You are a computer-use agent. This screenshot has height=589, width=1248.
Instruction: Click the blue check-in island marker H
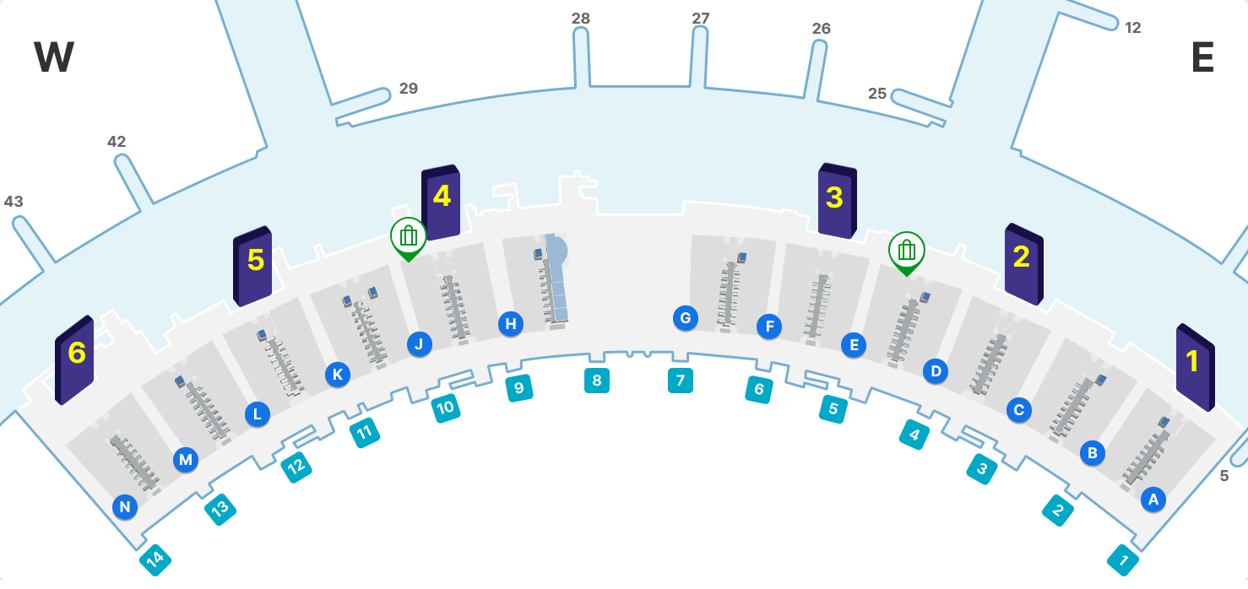click(510, 323)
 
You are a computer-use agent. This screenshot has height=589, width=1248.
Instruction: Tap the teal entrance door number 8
click(597, 381)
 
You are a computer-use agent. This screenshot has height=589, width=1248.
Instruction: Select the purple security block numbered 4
click(441, 203)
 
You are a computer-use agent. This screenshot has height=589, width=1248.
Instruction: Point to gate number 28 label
click(581, 18)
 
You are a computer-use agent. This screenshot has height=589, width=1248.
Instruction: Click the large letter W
click(54, 58)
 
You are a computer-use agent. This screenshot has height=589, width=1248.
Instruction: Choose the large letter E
click(1202, 58)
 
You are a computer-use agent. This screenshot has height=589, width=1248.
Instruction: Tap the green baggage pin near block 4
click(409, 236)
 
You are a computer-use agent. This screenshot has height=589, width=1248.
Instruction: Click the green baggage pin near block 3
click(907, 251)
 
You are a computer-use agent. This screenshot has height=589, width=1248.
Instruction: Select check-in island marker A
click(1153, 499)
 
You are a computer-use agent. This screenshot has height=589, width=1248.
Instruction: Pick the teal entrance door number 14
click(155, 559)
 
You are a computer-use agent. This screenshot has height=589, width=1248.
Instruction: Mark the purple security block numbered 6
click(74, 359)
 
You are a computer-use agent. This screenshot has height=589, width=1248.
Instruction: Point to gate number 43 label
click(14, 202)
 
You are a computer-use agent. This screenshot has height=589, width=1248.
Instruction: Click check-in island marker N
click(125, 506)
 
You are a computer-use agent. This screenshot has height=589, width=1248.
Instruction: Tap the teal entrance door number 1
click(1123, 559)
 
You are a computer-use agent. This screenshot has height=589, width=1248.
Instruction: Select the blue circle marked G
click(686, 318)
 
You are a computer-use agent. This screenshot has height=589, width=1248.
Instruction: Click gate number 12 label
click(1133, 28)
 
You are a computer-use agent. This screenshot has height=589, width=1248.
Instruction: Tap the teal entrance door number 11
click(365, 433)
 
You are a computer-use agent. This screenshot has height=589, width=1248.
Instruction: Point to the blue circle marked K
click(337, 375)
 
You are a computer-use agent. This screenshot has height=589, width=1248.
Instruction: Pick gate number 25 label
click(877, 94)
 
